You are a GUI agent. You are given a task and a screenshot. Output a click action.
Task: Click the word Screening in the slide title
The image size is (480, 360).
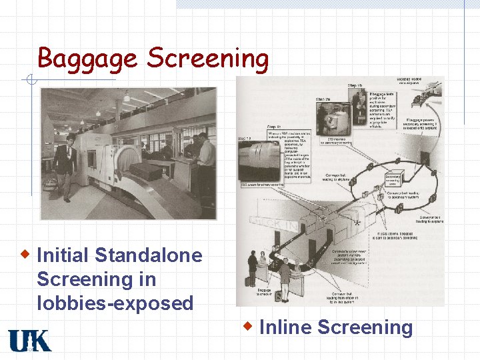pyautogui.click(x=207, y=58)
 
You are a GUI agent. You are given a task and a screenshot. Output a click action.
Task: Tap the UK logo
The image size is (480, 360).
pyautogui.click(x=29, y=341)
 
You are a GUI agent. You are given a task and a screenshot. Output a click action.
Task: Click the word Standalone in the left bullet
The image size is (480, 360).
pyautogui.click(x=149, y=255)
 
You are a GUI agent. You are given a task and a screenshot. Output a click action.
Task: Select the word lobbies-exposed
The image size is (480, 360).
pyautogui.click(x=115, y=303)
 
